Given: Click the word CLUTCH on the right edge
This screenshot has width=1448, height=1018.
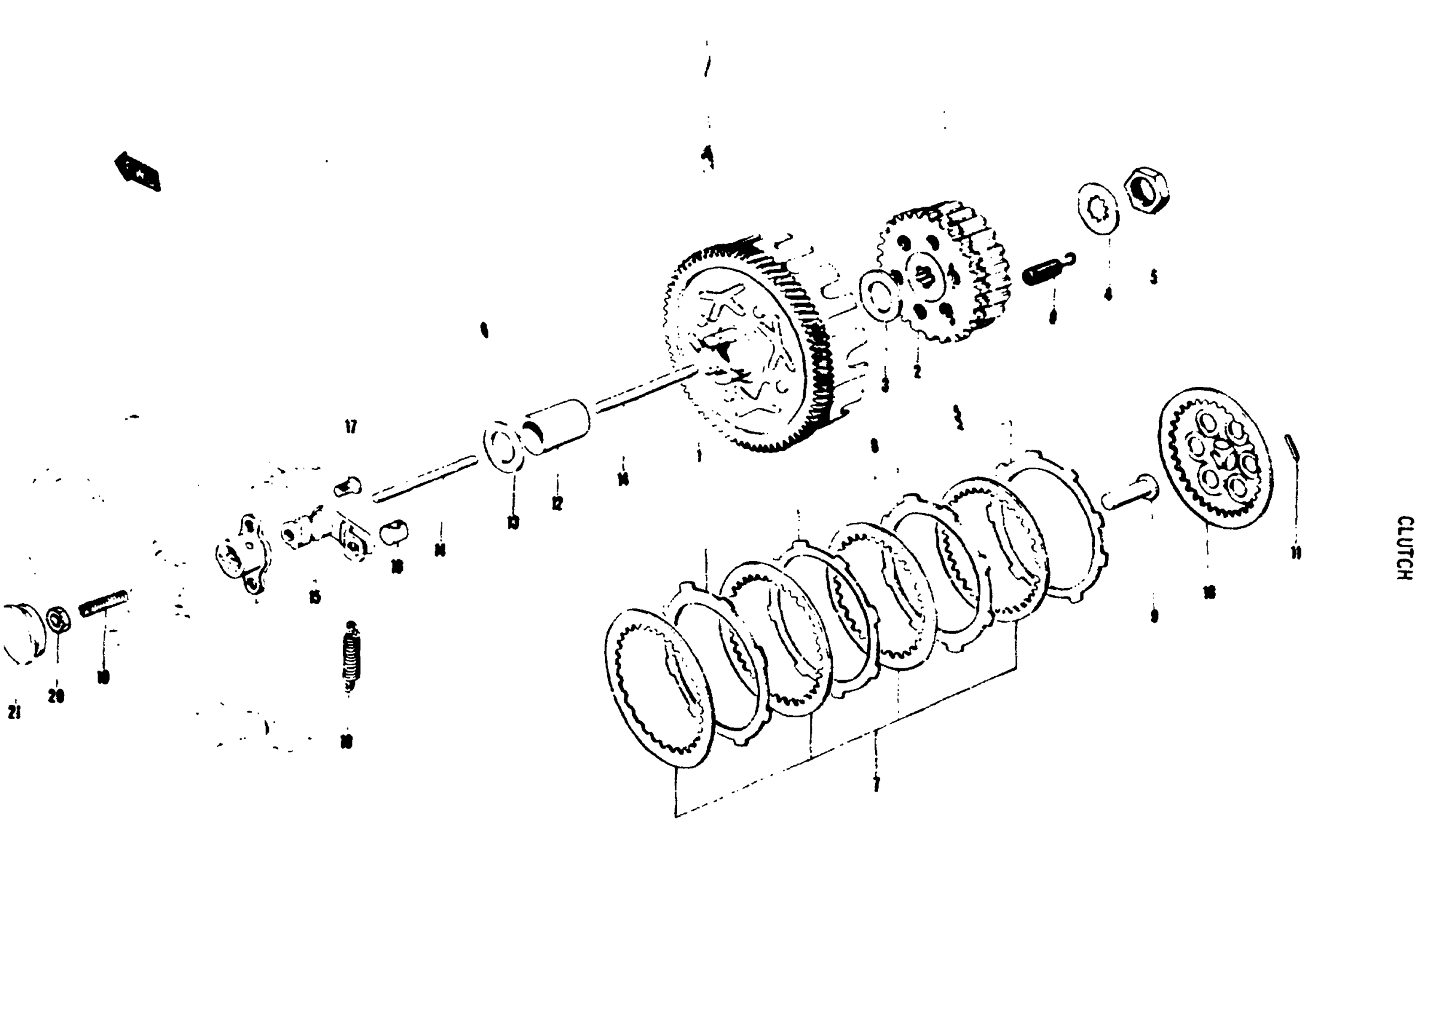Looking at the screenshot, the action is point(1404,548).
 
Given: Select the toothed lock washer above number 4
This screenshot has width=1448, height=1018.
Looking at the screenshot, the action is point(1098,208).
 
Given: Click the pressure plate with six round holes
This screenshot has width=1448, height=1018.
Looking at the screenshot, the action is point(1215,458).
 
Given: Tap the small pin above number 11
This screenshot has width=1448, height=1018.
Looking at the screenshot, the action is point(1291,447).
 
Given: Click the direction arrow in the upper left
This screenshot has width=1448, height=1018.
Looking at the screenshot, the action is point(138,171).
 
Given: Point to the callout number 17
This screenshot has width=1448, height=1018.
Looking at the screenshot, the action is point(351,427).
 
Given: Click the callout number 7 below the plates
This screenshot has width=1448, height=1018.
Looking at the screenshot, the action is point(875,784).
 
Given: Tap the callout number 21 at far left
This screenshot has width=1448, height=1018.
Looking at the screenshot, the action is point(14,712).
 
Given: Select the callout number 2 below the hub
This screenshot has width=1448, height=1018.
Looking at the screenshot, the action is point(916,371).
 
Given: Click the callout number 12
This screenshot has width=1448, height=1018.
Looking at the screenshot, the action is point(556,504).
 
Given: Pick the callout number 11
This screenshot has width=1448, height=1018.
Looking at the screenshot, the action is point(1295,553).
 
